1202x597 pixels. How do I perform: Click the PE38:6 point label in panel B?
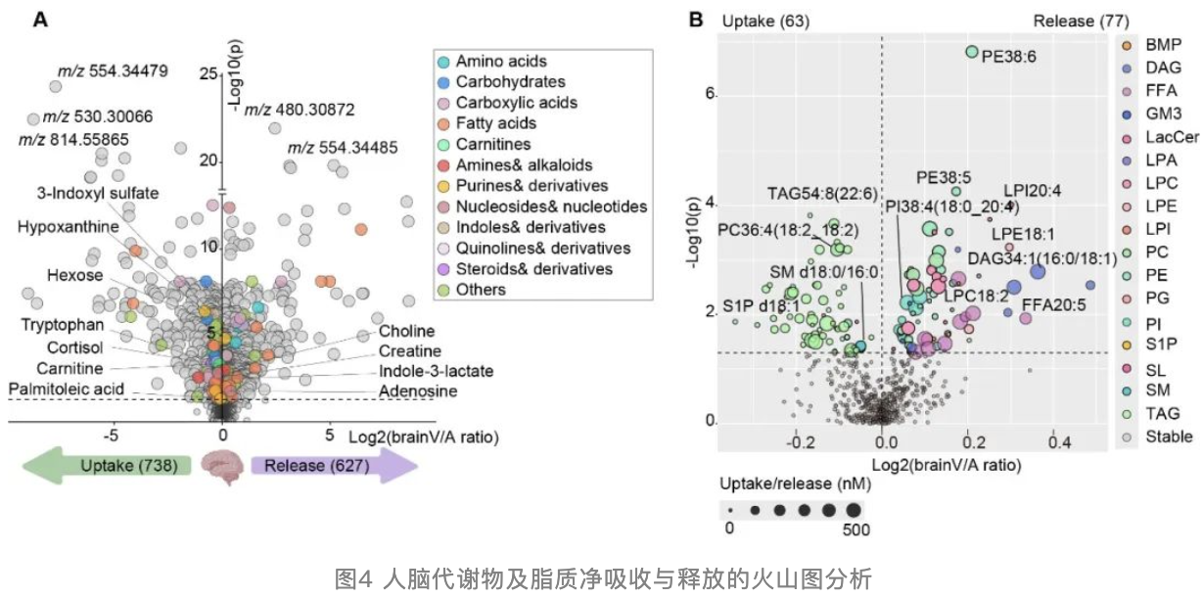1009,57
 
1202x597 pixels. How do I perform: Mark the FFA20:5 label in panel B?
1054,305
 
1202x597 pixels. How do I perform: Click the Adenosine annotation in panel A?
415,391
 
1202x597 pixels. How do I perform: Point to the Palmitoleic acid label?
66,389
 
